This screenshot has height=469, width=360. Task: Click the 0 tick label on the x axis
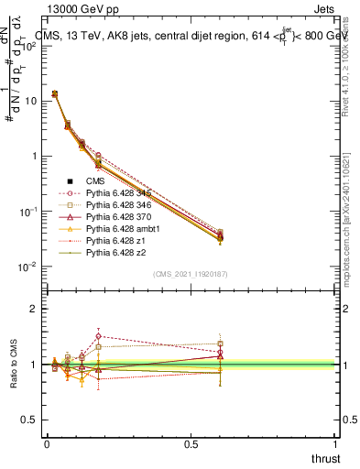(46, 443)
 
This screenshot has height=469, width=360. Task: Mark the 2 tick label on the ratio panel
(32, 309)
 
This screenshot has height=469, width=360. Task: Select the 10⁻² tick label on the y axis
(27, 267)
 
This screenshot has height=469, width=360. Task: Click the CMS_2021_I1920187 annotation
(191, 274)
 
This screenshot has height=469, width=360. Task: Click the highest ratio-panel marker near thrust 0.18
(98, 335)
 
